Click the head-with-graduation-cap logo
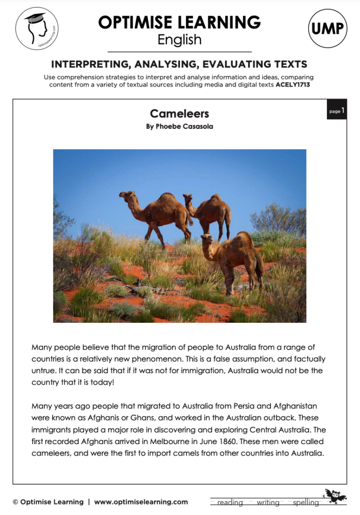pos(37,28)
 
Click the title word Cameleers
pos(179,114)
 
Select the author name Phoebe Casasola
pos(179,127)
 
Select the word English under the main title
pos(179,40)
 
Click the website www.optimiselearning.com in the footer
pos(141,502)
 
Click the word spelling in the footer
pos(306,502)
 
